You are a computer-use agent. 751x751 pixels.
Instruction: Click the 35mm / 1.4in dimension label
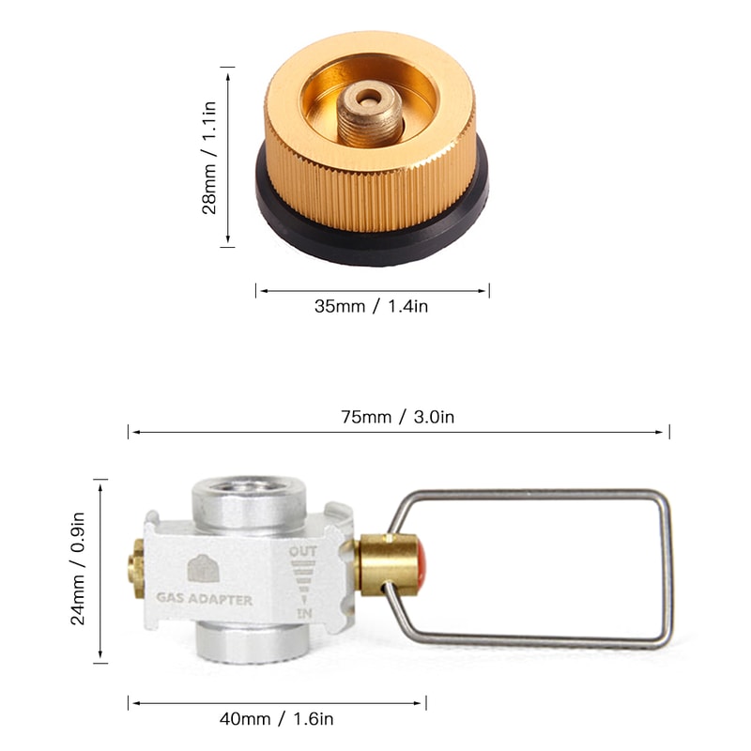pyautogui.click(x=372, y=306)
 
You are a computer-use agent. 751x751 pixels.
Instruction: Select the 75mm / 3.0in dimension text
pyautogui.click(x=399, y=417)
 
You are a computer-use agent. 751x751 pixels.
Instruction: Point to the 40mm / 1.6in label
pyautogui.click(x=278, y=720)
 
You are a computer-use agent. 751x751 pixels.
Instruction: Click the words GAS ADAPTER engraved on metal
pyautogui.click(x=204, y=599)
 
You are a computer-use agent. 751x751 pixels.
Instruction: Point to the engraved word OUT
pyautogui.click(x=302, y=553)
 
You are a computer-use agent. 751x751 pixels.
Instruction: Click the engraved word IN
pyautogui.click(x=304, y=613)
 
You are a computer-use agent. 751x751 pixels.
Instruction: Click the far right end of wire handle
pyautogui.click(x=667, y=568)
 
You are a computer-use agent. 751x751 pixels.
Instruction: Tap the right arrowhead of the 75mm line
pyautogui.click(x=666, y=433)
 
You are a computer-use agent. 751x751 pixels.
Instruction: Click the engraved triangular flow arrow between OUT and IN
pyautogui.click(x=303, y=584)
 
